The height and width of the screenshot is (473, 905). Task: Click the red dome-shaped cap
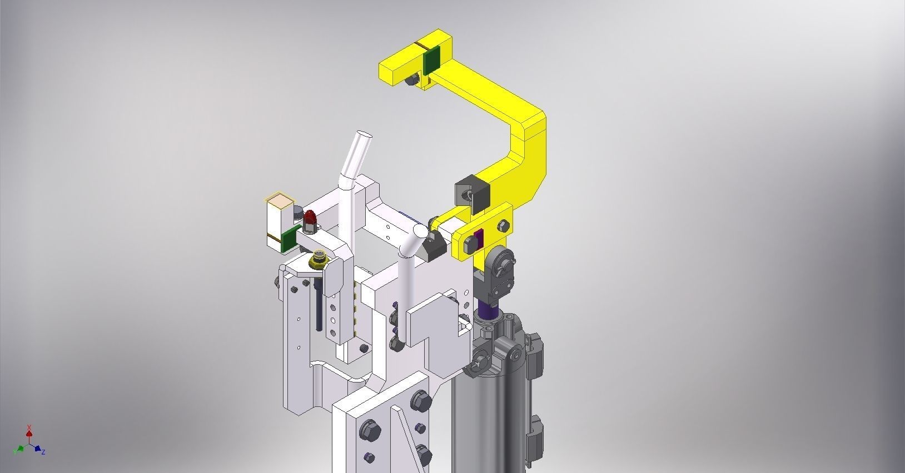coord(309,217)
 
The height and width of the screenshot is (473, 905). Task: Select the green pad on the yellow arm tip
coord(431,60)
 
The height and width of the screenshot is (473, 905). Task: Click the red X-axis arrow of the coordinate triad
coord(29,431)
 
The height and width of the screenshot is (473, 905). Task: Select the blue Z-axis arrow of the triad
coord(39,449)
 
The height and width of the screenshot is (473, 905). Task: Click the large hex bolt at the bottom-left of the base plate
coord(368,429)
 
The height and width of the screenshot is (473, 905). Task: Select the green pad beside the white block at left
coord(288,239)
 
